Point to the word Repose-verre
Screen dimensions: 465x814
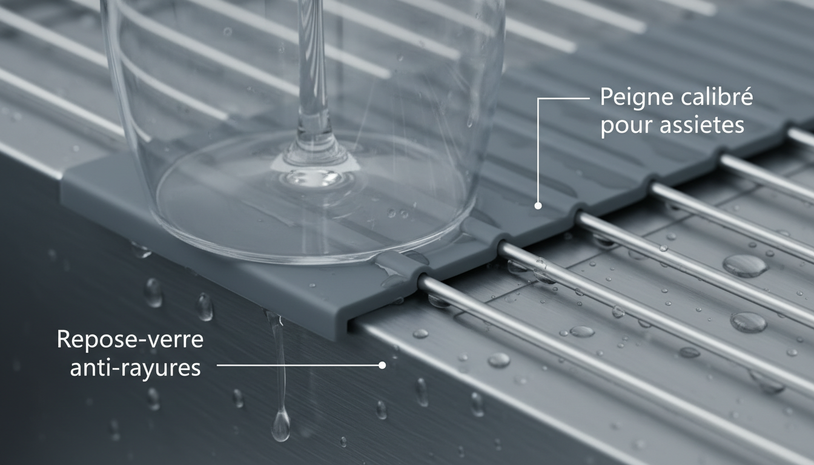click(130, 340)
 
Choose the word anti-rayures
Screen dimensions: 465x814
click(135, 368)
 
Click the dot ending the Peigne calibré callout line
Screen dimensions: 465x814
click(537, 206)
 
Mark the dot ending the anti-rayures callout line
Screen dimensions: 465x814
click(382, 365)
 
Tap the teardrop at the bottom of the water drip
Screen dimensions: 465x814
click(280, 426)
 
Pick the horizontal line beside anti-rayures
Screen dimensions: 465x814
click(297, 365)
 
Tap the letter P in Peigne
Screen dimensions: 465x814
click(605, 98)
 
